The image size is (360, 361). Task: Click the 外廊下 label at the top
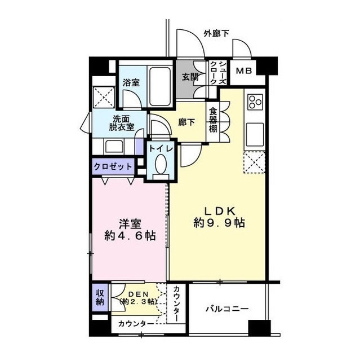click(216, 34)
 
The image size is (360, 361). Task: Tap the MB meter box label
click(244, 71)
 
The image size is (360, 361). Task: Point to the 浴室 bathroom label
click(131, 82)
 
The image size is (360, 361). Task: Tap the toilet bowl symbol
click(161, 167)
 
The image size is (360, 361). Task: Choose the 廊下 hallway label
click(187, 121)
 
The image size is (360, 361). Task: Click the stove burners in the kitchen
click(255, 102)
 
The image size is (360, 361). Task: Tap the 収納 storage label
click(100, 297)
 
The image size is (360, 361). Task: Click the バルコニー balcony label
click(226, 309)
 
